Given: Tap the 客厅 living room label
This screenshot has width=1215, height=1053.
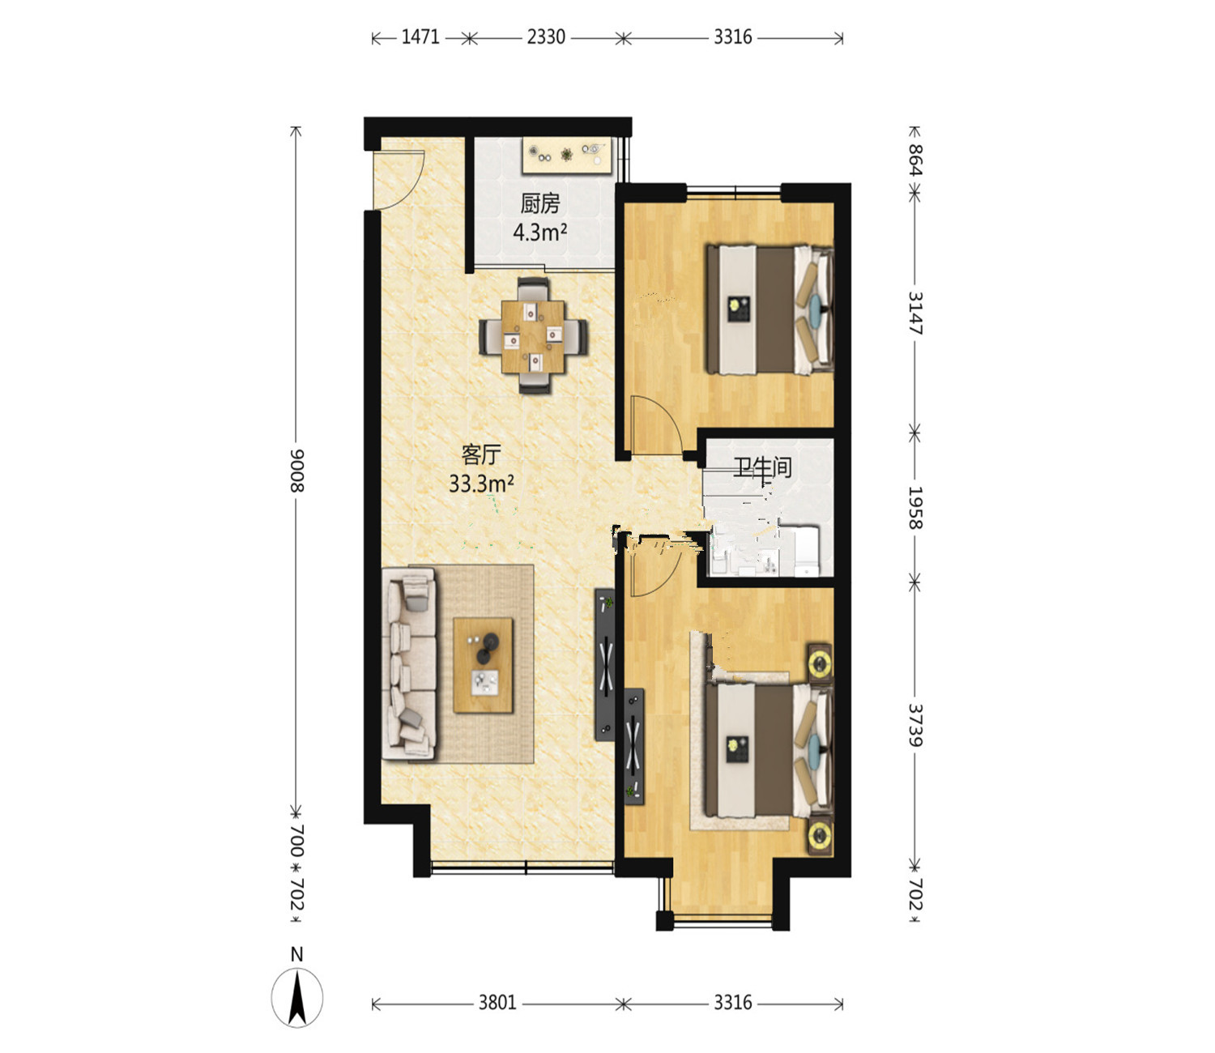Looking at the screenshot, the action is click(481, 454).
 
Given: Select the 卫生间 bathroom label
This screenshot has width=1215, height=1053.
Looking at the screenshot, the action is click(762, 468).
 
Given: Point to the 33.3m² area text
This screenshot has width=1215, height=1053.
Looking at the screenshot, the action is click(481, 484).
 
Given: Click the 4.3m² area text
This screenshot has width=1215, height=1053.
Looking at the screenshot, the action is click(539, 232).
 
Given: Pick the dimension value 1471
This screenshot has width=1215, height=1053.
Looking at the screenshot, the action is click(420, 37).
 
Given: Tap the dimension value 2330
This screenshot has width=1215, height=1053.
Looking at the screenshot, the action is click(546, 37).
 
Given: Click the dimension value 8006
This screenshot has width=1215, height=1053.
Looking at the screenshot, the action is click(296, 471).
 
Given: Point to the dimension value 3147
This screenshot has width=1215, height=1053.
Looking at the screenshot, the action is click(915, 313).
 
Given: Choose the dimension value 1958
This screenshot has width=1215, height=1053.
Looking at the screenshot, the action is click(915, 508).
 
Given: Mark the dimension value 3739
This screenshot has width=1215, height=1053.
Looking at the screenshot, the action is click(915, 725).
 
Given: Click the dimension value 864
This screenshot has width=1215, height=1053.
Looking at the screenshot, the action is click(915, 159).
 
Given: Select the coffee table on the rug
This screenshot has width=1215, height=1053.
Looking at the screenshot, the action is click(484, 665).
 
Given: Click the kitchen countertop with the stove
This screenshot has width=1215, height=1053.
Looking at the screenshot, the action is click(567, 156).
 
